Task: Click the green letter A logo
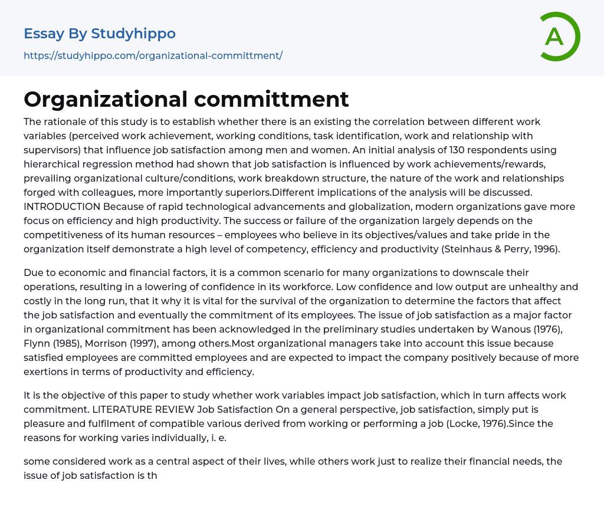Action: (559, 37)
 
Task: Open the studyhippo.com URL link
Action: (153, 55)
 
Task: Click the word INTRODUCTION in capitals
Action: (62, 206)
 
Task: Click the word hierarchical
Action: (51, 164)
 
